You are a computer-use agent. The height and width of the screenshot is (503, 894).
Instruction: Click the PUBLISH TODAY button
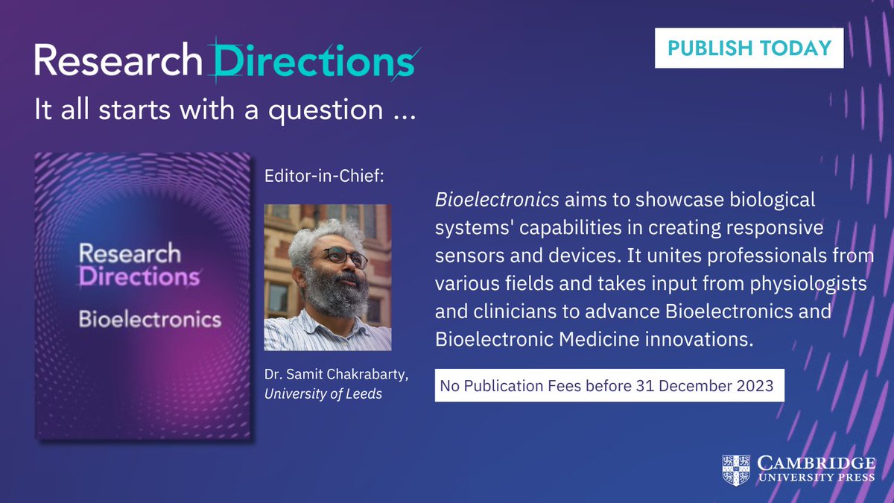[x=749, y=48]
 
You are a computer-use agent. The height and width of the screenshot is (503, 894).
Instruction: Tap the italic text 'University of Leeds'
[x=323, y=393]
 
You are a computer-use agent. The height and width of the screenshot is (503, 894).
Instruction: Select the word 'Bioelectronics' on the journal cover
[x=150, y=320]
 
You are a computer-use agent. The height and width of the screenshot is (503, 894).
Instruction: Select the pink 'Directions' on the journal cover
[x=139, y=278]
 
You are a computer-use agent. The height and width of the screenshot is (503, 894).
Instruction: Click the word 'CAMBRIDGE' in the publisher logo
[x=816, y=463]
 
